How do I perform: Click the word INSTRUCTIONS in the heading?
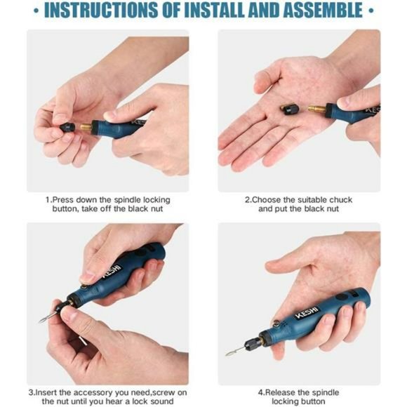coord(101,11)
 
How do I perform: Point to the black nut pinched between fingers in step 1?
coord(67,127)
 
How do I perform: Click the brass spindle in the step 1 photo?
coord(86,127)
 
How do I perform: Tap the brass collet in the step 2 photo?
coord(316,109)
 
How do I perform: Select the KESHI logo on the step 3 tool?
coord(112,272)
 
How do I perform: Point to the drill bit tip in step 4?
coord(227,354)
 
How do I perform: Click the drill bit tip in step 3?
coord(41,321)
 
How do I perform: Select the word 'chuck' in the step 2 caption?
coord(341,200)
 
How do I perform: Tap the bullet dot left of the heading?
coord(36,11)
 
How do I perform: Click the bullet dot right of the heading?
coord(371,11)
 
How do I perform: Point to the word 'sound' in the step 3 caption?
coord(162,401)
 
